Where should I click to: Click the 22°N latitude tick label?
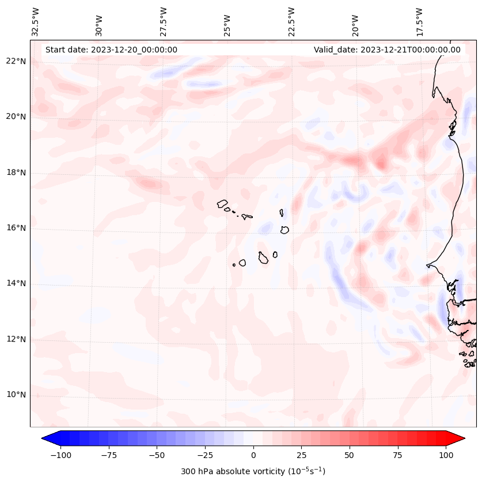[x=16, y=61]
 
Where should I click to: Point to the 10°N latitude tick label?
[x=16, y=395]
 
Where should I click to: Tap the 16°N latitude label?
[x=16, y=228]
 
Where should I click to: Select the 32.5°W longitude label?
[x=36, y=21]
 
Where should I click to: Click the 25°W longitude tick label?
[x=227, y=22]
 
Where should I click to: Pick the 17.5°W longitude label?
[x=419, y=21]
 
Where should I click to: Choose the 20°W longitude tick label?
[x=355, y=22]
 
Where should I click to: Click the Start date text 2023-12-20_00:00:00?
[x=111, y=50]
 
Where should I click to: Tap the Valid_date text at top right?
[x=387, y=50]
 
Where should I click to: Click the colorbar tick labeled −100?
[x=60, y=455]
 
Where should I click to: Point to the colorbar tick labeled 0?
[x=253, y=455]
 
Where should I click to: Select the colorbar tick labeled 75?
[x=397, y=455]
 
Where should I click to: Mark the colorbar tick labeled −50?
[x=157, y=455]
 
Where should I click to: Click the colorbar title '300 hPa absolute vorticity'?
[x=253, y=471]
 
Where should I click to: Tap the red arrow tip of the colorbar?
[x=459, y=438]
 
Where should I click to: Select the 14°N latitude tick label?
[x=16, y=283]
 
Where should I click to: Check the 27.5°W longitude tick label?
[x=164, y=21]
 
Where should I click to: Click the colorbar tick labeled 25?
[x=301, y=455]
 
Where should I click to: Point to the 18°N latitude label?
[x=16, y=172]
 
